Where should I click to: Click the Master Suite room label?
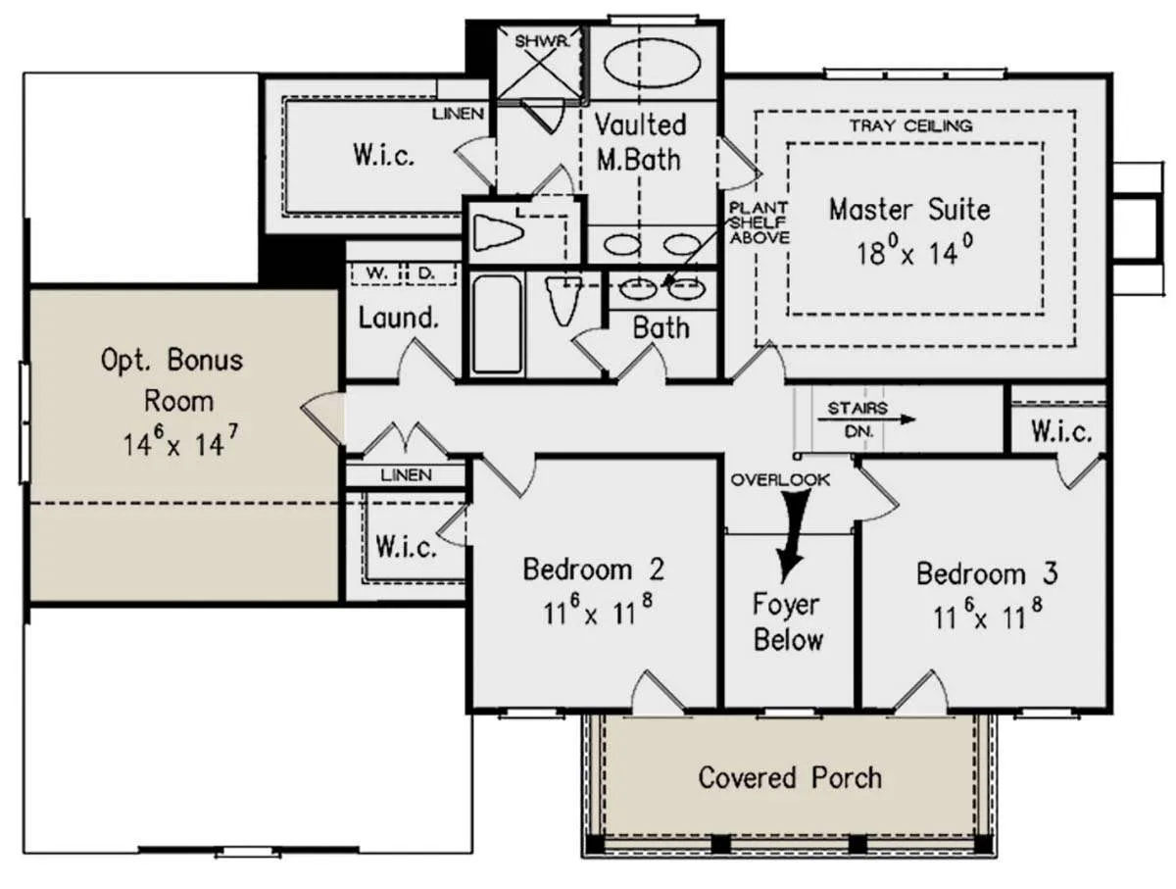coord(909,209)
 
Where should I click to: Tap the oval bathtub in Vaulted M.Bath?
coord(652,64)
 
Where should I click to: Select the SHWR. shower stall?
coord(540,63)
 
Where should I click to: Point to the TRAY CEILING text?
coord(910,125)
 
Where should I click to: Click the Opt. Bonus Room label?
coord(172,380)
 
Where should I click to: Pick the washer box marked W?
coord(376,273)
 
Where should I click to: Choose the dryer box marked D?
coord(432,273)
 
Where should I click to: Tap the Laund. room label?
coord(399,318)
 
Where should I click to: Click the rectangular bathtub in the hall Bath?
coord(497,324)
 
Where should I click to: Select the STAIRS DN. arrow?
coord(866,420)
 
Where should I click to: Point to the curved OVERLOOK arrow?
coord(793,536)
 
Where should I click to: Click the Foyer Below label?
coord(787,621)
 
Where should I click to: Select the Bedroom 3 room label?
coord(987,572)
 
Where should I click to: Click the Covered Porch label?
coord(790,777)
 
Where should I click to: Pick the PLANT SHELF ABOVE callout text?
coord(759,222)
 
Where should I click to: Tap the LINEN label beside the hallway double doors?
coord(406,474)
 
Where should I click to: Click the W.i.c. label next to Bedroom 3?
coord(1060,431)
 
